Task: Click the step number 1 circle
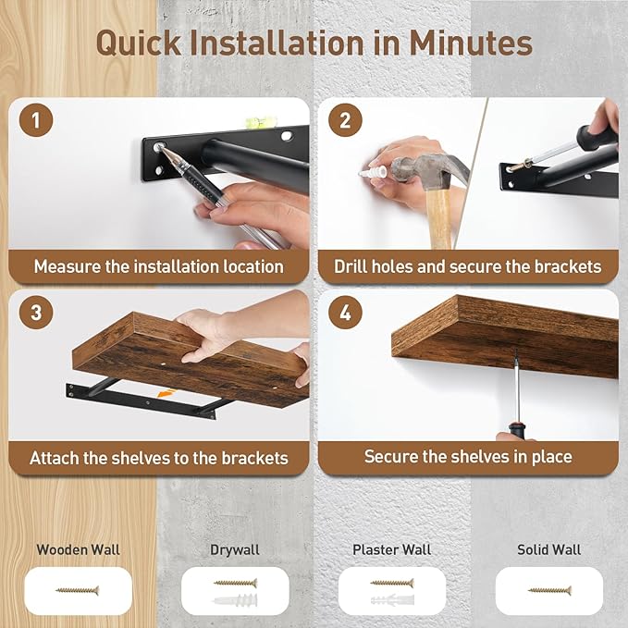(x=35, y=120)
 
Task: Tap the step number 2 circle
(x=345, y=120)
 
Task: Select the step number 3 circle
(x=35, y=312)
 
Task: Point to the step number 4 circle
(x=345, y=312)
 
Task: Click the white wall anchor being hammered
(x=373, y=172)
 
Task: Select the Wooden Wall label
(x=78, y=549)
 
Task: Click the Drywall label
(x=235, y=549)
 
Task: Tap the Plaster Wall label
(x=392, y=549)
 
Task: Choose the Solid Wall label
(x=548, y=549)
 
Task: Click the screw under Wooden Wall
(x=78, y=589)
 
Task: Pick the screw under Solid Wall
(x=548, y=589)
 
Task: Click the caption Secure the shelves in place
(x=467, y=457)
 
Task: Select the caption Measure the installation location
(x=159, y=266)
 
